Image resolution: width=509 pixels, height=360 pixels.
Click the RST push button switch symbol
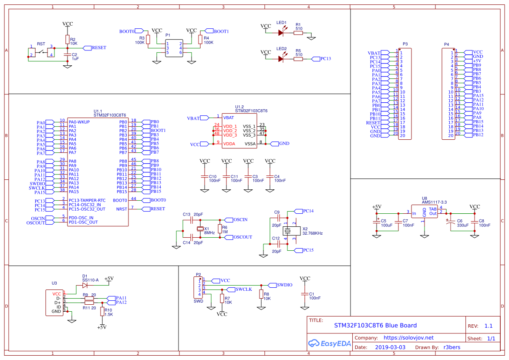(41, 52)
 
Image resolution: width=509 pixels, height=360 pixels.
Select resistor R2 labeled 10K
(67, 40)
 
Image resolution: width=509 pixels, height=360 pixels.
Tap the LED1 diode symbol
(281, 33)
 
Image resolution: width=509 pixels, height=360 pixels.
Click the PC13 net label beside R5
(325, 59)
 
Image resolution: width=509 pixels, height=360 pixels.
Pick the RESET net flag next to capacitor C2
(98, 48)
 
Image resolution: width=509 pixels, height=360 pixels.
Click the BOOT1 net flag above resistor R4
(221, 31)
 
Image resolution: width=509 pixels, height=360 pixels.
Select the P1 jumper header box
(174, 48)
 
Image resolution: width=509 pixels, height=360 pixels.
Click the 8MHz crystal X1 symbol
(200, 229)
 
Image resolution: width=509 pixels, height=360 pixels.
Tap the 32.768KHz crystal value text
(312, 234)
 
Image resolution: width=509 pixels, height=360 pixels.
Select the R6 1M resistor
(220, 229)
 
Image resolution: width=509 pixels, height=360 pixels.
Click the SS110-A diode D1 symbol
(84, 286)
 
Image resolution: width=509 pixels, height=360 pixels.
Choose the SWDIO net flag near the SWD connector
(284, 285)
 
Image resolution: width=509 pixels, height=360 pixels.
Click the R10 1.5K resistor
(102, 312)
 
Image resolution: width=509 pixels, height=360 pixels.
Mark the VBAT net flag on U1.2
(193, 118)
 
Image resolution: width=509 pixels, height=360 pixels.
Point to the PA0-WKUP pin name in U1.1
(79, 122)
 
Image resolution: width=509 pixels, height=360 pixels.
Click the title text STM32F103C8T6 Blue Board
(375, 326)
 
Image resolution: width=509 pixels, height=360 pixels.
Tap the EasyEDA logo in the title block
(329, 343)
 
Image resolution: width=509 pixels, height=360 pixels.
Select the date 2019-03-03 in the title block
(390, 347)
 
